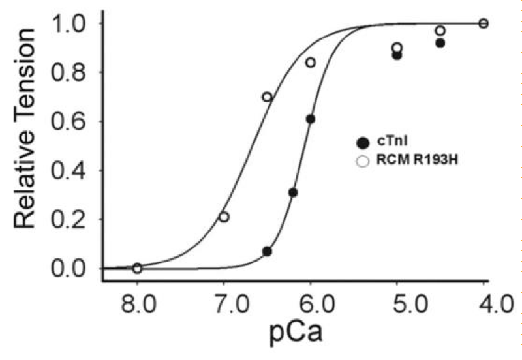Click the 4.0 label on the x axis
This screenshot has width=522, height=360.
496,303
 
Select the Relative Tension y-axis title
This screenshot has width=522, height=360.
25,128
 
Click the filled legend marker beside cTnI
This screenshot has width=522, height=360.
363,143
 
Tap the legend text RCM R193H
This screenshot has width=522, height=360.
417,160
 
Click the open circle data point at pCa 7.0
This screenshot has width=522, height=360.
224,217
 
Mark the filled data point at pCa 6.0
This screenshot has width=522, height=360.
311,119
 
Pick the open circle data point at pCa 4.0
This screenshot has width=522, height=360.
484,23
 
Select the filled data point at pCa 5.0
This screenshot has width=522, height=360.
397,55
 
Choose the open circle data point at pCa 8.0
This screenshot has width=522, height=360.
138,268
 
